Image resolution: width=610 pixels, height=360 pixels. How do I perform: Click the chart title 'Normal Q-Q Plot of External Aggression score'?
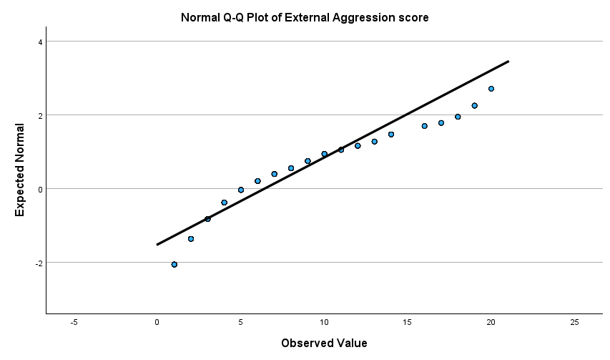[305, 17]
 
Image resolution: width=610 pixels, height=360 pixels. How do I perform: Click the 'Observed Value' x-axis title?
[324, 343]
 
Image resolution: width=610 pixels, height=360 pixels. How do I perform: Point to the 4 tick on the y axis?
[40, 42]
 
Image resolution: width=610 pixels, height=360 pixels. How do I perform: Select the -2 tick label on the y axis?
[39, 263]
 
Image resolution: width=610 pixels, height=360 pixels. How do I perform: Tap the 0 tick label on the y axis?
[40, 189]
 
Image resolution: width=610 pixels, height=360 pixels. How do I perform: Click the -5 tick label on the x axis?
[74, 323]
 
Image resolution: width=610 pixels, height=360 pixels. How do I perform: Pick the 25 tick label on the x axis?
[574, 323]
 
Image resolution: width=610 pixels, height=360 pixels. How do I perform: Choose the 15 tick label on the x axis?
[408, 323]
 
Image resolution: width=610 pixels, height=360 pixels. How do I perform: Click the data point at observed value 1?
[174, 265]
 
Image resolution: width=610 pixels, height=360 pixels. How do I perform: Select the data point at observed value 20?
[491, 89]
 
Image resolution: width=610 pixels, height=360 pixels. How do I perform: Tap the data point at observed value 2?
[191, 239]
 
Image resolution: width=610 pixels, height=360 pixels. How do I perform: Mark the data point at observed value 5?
[241, 190]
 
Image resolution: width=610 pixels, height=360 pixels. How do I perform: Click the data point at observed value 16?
[424, 126]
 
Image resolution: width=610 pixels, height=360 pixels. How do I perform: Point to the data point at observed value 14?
[391, 135]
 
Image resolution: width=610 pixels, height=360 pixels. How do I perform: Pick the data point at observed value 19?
[474, 105]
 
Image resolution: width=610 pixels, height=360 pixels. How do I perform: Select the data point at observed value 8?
[291, 168]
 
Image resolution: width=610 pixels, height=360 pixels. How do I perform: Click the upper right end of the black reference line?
[508, 62]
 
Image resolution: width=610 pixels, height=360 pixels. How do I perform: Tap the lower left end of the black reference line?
[157, 245]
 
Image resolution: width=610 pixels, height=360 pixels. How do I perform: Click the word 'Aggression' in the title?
[363, 17]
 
